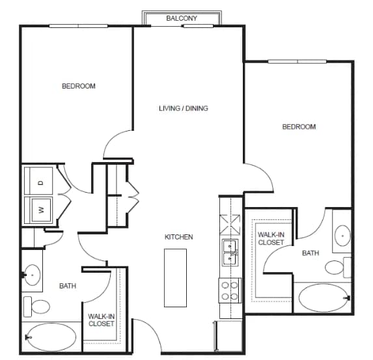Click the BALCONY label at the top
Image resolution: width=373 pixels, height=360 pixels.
coord(182,18)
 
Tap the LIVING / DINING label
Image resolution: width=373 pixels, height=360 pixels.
coord(184,108)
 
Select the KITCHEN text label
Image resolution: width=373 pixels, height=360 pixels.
coord(179,237)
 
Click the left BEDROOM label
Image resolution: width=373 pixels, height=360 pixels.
coord(79,86)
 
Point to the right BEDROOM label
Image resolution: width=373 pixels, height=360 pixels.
coord(299,127)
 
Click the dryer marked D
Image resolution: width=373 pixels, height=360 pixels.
coord(39,183)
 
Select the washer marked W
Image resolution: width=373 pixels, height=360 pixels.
coord(39,210)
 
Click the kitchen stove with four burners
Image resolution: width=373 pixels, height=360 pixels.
coord(230,289)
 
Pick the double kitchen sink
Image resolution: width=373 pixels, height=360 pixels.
coord(230,253)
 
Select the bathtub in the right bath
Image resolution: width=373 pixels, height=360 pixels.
coord(324,298)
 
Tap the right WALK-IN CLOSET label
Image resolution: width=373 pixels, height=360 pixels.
coord(271,238)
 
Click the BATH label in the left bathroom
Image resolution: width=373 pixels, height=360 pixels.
coord(68,286)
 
